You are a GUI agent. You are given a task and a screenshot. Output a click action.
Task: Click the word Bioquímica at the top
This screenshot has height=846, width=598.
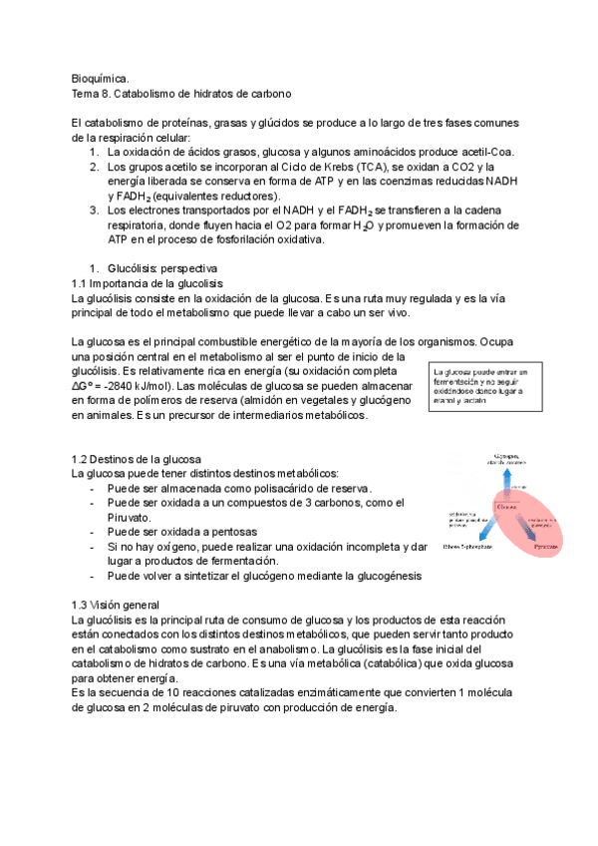point(101,77)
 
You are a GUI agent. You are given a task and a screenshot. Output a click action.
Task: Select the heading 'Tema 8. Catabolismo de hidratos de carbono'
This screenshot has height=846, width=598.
point(181,93)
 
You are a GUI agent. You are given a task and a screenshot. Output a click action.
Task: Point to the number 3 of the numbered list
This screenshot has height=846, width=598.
point(94,211)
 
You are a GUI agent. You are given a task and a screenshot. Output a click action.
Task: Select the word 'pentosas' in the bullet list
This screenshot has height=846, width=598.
point(219,533)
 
